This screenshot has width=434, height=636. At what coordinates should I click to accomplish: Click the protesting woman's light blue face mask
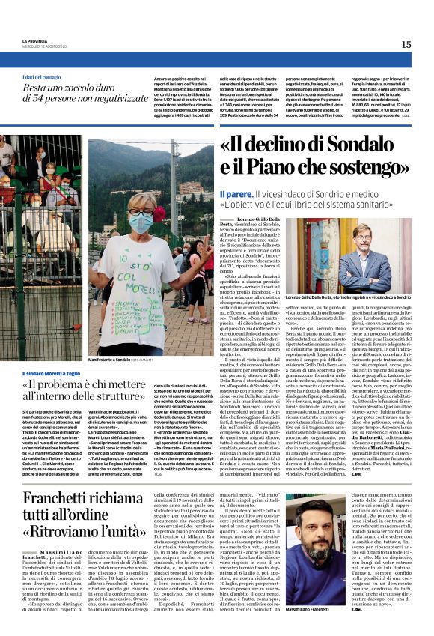coord(141,222)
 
